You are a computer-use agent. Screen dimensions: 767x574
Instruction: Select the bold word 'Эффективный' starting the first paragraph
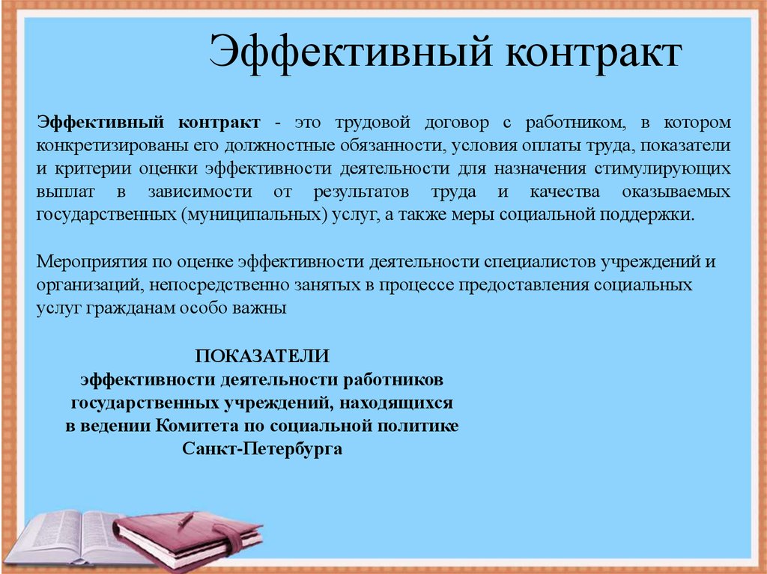pyautogui.click(x=100, y=122)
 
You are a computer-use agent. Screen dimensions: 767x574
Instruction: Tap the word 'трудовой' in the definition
pyautogui.click(x=373, y=122)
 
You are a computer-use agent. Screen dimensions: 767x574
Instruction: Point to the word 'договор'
pyautogui.click(x=456, y=122)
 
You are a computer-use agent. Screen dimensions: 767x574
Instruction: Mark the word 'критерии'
pyautogui.click(x=94, y=168)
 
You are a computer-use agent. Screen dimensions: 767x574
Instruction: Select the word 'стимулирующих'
pyautogui.click(x=662, y=168)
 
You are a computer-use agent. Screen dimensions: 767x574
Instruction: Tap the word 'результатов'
pyautogui.click(x=361, y=192)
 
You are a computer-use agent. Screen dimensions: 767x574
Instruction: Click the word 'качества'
pyautogui.click(x=565, y=192)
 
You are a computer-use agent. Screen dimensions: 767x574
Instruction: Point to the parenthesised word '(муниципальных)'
pyautogui.click(x=255, y=215)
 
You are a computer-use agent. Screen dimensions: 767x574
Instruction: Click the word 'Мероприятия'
pyautogui.click(x=91, y=262)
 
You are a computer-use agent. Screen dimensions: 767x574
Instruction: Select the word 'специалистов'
pyautogui.click(x=539, y=262)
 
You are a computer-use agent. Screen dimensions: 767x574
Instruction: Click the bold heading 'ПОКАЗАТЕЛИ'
pyautogui.click(x=262, y=356)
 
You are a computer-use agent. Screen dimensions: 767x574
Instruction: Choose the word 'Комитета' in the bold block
pyautogui.click(x=198, y=425)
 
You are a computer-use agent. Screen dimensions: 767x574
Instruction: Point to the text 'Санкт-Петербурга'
pyautogui.click(x=262, y=449)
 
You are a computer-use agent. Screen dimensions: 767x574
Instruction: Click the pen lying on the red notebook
pyautogui.click(x=187, y=519)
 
